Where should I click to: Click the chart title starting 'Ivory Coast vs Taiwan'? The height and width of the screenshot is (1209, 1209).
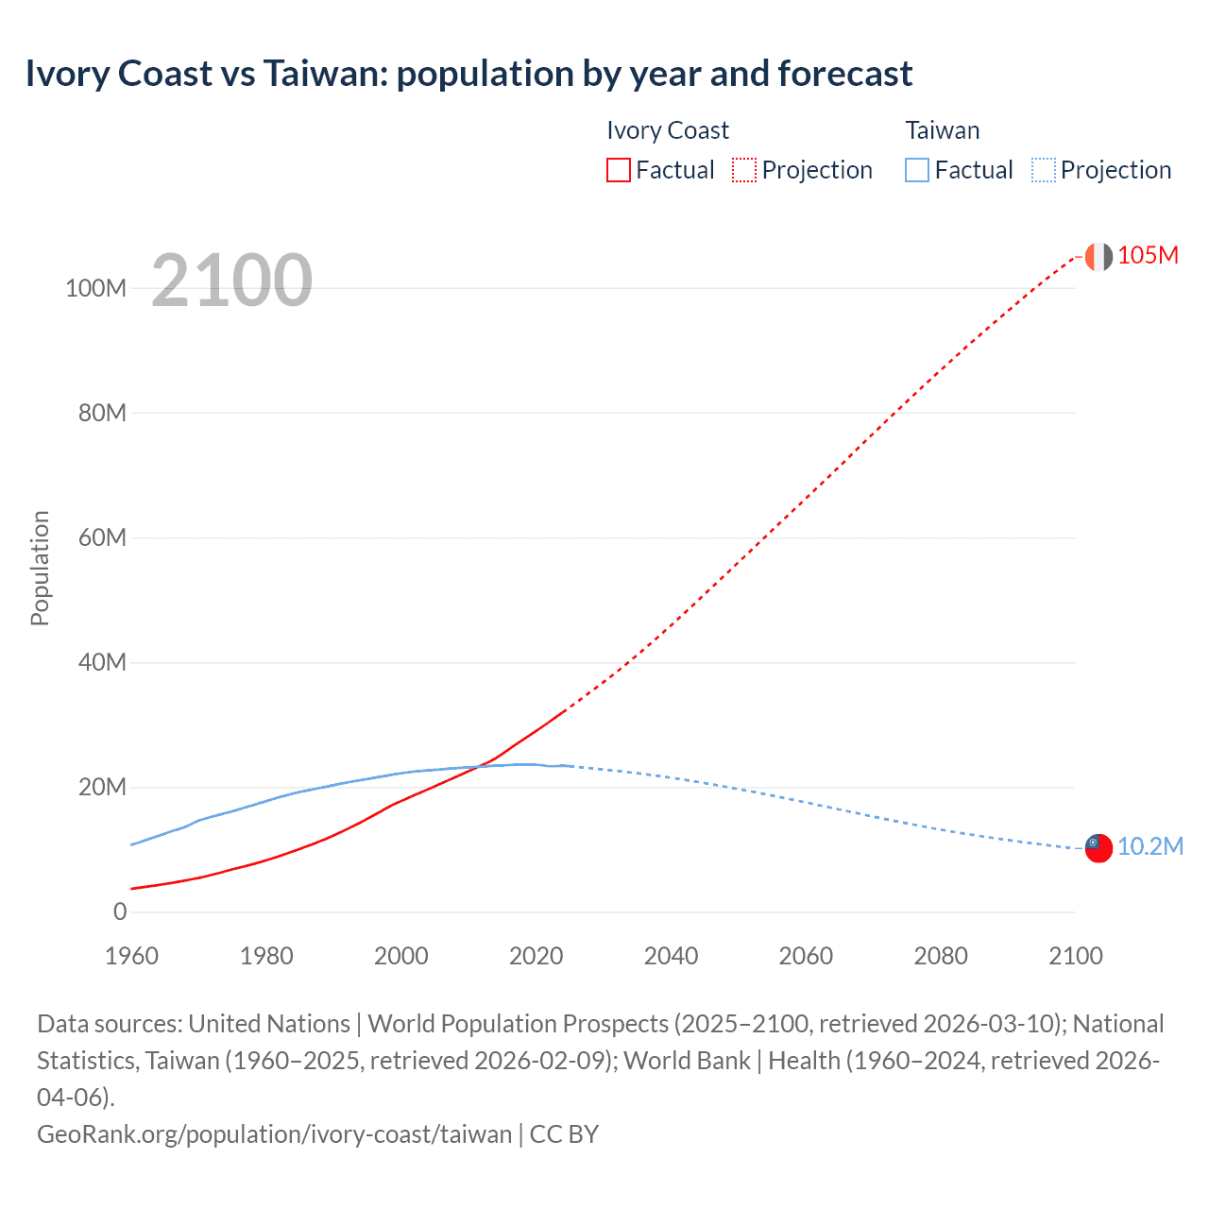[468, 74]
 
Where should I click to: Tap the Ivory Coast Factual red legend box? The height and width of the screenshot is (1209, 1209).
[619, 170]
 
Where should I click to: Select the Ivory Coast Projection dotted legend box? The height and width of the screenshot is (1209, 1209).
[744, 170]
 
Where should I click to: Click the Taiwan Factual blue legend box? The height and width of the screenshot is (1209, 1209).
[917, 170]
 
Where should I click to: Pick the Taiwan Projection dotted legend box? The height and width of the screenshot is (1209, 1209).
[1044, 170]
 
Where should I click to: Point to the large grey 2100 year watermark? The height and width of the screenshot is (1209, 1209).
[231, 281]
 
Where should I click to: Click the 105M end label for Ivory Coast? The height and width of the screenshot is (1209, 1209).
[1148, 256]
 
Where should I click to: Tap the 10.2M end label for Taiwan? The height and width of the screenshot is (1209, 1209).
[1149, 846]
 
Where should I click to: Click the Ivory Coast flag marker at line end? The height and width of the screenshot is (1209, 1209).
[1098, 256]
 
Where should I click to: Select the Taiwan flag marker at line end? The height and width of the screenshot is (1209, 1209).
[1098, 847]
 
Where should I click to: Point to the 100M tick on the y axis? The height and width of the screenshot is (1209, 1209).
[95, 288]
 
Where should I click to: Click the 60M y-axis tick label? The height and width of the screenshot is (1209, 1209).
[102, 538]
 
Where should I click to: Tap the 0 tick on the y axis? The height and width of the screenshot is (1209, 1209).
[120, 912]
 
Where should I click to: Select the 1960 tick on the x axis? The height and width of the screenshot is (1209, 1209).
[131, 956]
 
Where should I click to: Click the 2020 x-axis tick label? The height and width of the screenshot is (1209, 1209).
[536, 956]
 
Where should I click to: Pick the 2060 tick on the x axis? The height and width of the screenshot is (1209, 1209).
[806, 956]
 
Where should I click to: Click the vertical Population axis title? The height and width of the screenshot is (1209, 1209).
[40, 568]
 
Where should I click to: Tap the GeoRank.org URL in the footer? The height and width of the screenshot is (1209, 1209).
[274, 1134]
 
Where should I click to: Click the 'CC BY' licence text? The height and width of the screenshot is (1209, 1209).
[564, 1134]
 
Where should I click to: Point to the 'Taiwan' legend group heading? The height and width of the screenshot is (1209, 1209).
[942, 130]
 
